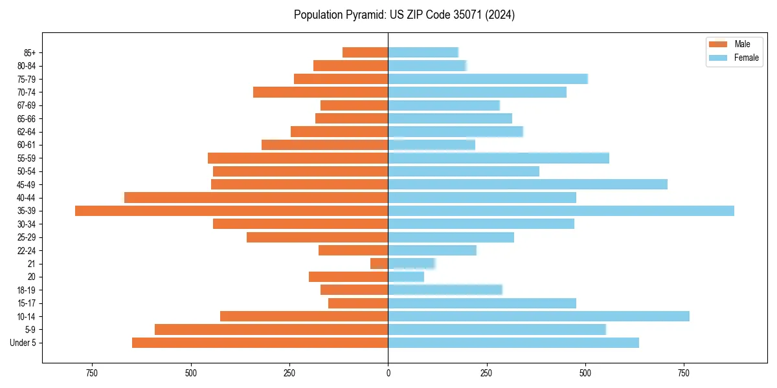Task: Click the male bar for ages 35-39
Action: [x=231, y=211]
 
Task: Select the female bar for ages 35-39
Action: [x=561, y=211]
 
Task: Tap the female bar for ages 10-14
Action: [x=538, y=316]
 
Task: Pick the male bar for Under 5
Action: [x=260, y=343]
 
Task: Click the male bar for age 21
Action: [x=379, y=264]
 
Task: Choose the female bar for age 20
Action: [x=406, y=277]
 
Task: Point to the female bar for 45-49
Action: [x=527, y=184]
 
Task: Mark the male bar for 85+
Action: [x=365, y=52]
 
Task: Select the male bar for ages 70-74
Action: [x=321, y=92]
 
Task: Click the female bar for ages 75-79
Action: [x=488, y=79]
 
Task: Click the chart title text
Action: [x=404, y=15]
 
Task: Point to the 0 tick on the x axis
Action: [x=388, y=373]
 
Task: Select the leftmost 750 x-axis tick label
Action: [x=92, y=373]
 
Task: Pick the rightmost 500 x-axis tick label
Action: [x=585, y=373]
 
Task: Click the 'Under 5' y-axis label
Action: [x=23, y=343]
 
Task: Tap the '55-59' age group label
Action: [x=27, y=158]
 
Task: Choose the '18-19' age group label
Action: [x=27, y=290]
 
